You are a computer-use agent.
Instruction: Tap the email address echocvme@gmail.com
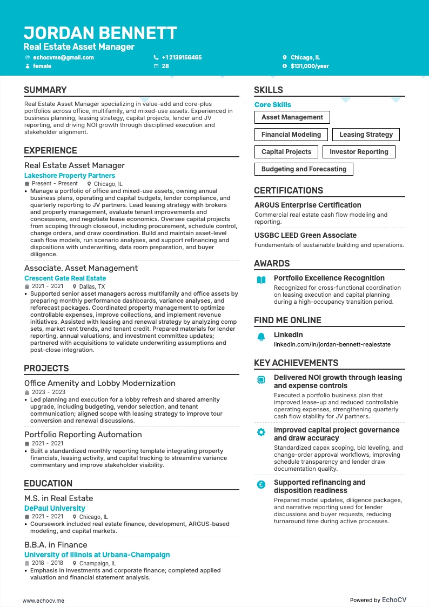tap(63, 57)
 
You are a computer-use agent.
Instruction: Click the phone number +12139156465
tap(182, 57)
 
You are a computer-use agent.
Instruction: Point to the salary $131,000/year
tap(310, 66)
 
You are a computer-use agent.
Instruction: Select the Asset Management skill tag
tap(292, 117)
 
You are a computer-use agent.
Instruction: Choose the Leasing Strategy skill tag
tap(366, 135)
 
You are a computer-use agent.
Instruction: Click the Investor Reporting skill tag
tap(359, 152)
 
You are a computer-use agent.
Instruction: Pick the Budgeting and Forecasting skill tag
tap(304, 169)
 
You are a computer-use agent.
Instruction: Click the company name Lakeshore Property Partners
tap(70, 176)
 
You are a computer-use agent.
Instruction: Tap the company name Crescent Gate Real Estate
tap(65, 278)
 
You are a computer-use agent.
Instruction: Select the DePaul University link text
tap(55, 509)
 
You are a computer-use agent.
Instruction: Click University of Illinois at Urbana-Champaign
tap(97, 555)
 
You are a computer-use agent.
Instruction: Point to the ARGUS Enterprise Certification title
tap(307, 205)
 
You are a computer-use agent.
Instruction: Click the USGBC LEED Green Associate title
tap(305, 236)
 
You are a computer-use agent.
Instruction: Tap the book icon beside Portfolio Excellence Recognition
tap(261, 280)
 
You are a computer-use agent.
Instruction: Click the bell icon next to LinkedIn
tap(261, 337)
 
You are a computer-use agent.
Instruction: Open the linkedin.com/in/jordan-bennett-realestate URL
tap(332, 344)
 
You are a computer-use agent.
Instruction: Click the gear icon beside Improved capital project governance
tap(261, 432)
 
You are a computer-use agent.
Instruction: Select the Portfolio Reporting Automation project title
tap(83, 435)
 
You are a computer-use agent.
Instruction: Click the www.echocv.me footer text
tap(43, 600)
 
